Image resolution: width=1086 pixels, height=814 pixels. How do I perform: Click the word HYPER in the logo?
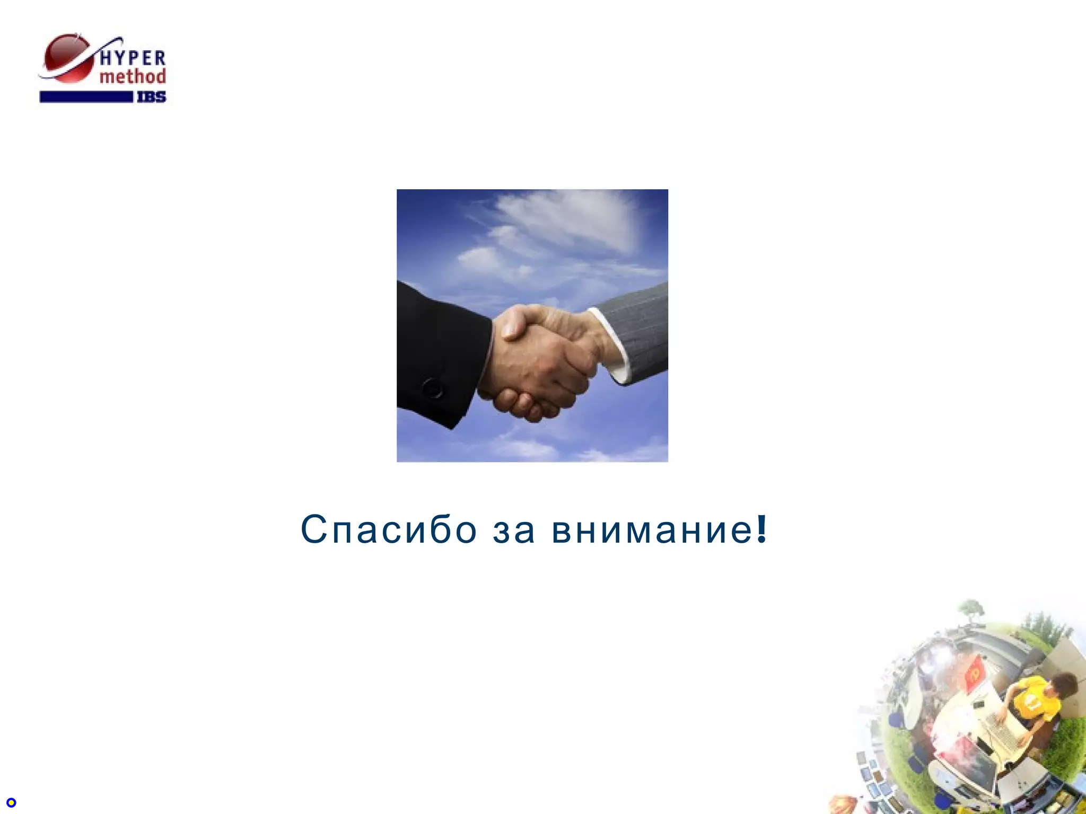133,57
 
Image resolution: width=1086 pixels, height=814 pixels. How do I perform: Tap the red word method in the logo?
133,77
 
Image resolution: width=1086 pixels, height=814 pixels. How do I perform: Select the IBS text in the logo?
152,97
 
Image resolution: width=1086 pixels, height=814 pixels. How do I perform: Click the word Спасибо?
389,529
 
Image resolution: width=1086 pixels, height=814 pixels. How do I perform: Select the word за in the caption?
513,530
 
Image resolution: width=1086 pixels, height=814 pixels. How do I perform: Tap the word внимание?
652,530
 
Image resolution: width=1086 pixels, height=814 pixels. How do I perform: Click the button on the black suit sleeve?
433,388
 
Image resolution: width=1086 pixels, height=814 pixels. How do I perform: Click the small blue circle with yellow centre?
11,803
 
